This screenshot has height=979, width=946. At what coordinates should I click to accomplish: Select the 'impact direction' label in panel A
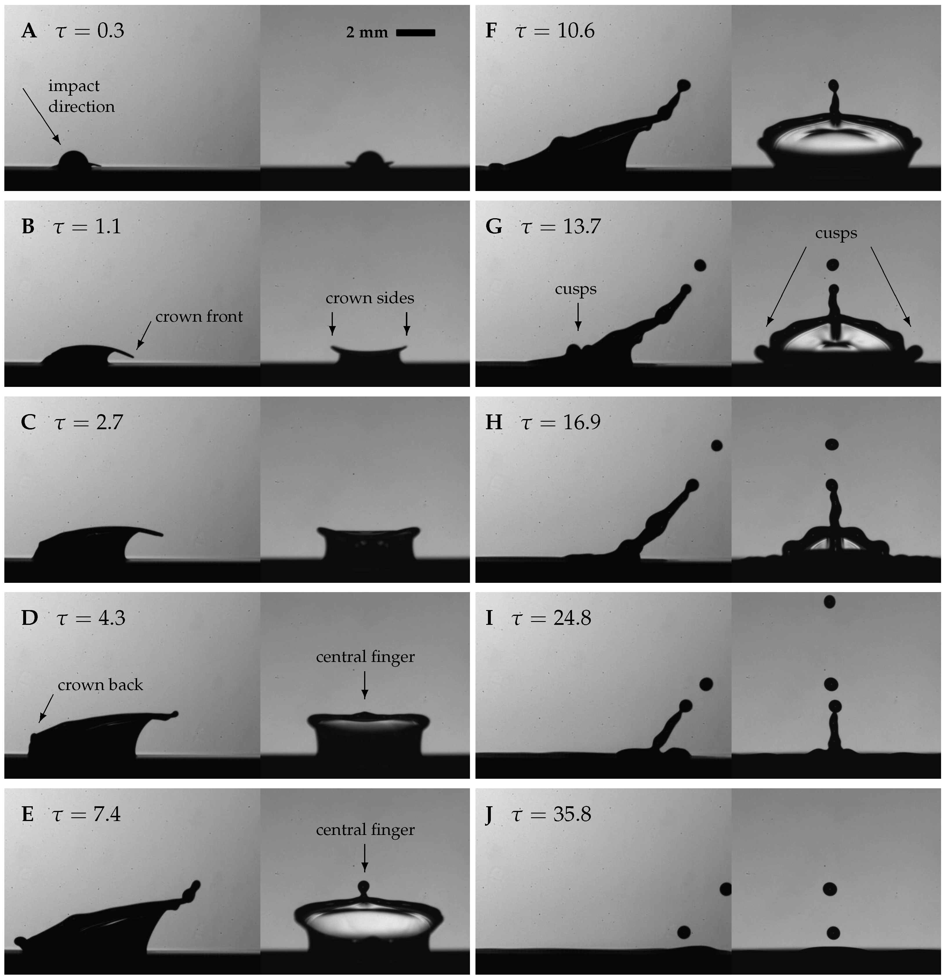(81, 96)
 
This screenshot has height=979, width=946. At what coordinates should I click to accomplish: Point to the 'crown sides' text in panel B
(370, 298)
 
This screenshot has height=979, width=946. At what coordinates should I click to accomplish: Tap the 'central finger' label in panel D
(365, 657)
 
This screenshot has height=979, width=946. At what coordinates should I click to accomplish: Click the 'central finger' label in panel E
(365, 830)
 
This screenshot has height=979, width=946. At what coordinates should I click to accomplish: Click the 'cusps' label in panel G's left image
(576, 289)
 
